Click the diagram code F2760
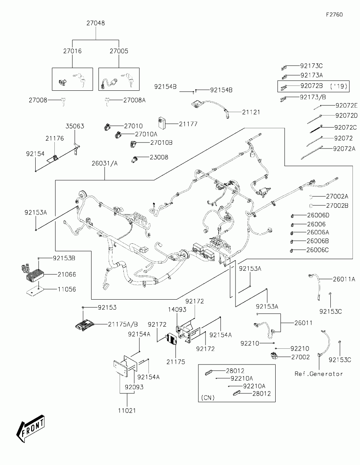click(x=334, y=15)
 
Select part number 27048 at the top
click(x=96, y=23)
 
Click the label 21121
click(x=251, y=112)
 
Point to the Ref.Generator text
click(x=318, y=373)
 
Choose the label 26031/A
click(x=105, y=163)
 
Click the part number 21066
click(x=67, y=274)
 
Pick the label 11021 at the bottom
click(x=126, y=410)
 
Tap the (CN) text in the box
click(x=208, y=397)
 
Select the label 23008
click(x=159, y=157)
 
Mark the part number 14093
click(x=177, y=310)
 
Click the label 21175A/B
click(x=123, y=324)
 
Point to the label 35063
click(x=75, y=126)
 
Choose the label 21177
click(x=188, y=124)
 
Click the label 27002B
click(x=337, y=205)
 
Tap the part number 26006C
click(x=318, y=250)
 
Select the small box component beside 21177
click(x=162, y=122)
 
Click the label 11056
click(x=67, y=289)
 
